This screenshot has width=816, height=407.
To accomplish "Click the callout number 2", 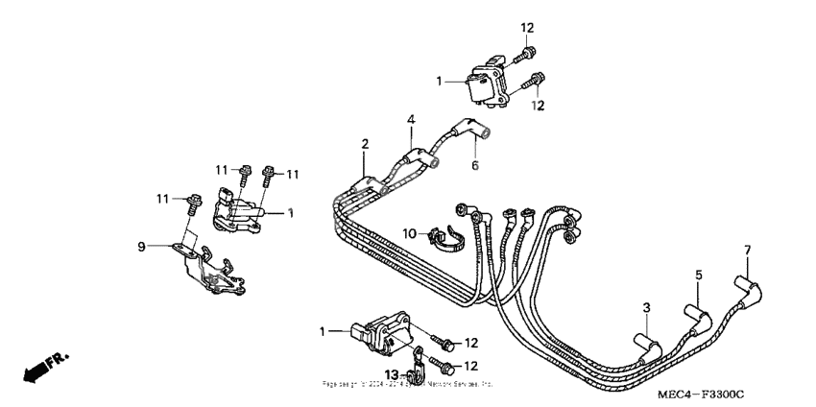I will coord(365,143).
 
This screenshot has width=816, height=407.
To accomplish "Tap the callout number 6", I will coord(473,164).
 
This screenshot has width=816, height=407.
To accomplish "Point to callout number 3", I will coord(647,306).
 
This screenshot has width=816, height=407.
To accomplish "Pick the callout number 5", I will coord(699,275).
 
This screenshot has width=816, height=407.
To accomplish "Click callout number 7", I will coord(748,251).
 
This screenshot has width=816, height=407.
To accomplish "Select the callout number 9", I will coord(141,246).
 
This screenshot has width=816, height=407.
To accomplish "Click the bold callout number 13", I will coord(392,373).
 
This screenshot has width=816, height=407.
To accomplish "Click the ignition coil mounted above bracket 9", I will coord(235,210).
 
